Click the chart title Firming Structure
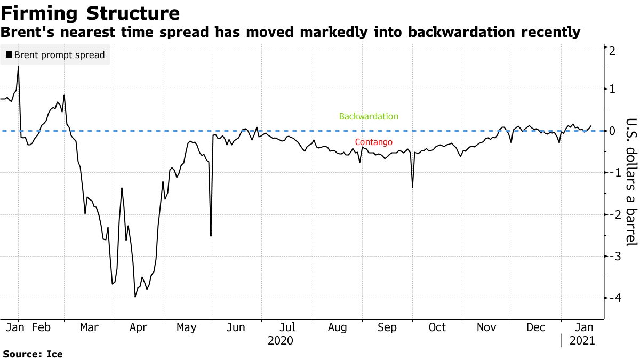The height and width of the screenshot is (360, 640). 91,12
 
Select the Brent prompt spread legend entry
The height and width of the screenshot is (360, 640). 55,54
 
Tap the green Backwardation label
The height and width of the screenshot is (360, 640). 369,116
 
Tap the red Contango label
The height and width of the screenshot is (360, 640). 373,142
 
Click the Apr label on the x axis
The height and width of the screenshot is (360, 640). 138,327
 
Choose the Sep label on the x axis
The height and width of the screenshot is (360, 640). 387,327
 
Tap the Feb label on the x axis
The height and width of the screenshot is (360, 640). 41,327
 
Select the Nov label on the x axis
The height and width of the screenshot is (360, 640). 486,327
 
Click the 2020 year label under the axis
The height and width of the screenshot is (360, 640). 281,340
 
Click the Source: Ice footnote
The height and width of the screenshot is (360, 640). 33,354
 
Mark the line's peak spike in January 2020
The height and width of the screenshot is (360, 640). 19,67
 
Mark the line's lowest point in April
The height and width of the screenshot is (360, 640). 135,297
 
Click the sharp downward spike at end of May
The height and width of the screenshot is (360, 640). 211,236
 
